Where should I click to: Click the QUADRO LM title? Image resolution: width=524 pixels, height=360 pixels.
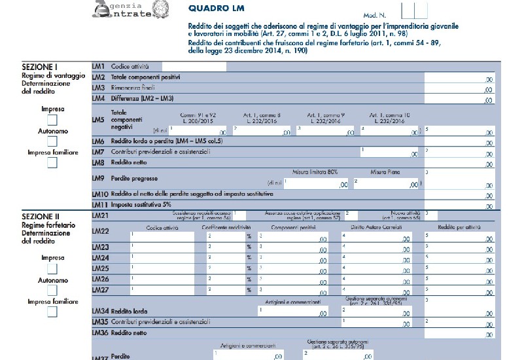pos(213,9)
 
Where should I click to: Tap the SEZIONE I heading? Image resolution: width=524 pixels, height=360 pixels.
pos(39,67)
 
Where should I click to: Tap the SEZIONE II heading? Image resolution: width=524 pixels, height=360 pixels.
pos(41,216)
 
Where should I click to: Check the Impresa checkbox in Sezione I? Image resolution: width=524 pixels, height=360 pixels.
pos(52,119)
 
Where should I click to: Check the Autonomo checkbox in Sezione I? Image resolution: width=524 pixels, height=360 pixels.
pos(52,141)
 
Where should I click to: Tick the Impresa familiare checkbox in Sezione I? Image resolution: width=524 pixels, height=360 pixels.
pos(52,164)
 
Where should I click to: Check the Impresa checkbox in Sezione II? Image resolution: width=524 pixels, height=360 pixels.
pos(52,268)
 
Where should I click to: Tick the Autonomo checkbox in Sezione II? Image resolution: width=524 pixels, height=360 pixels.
pos(52,291)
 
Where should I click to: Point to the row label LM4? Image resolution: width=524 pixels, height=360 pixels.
pos(99,99)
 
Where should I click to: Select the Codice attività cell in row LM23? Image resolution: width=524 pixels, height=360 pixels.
pos(166,247)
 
